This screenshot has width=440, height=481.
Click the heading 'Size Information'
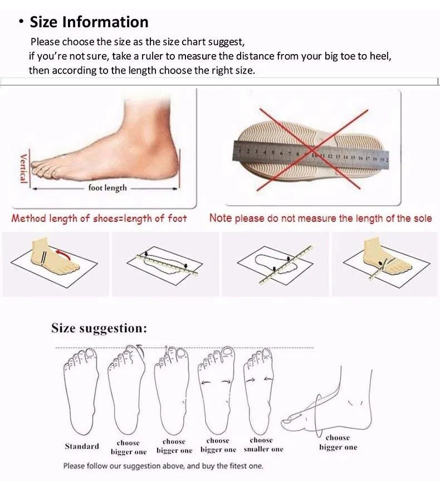point(89,22)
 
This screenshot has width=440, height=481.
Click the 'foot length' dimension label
point(107,188)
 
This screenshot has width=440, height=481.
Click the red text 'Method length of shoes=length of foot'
point(99,218)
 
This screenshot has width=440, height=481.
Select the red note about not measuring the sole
point(320,218)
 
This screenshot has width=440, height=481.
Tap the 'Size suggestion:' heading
point(99,328)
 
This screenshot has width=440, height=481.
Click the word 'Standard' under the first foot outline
point(82,446)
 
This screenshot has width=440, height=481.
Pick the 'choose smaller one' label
point(263,445)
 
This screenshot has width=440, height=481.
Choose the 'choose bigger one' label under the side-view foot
point(338,443)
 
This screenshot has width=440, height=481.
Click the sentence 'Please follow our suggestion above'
point(163,466)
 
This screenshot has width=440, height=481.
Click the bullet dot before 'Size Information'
point(21,22)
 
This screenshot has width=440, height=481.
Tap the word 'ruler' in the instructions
point(143,56)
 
